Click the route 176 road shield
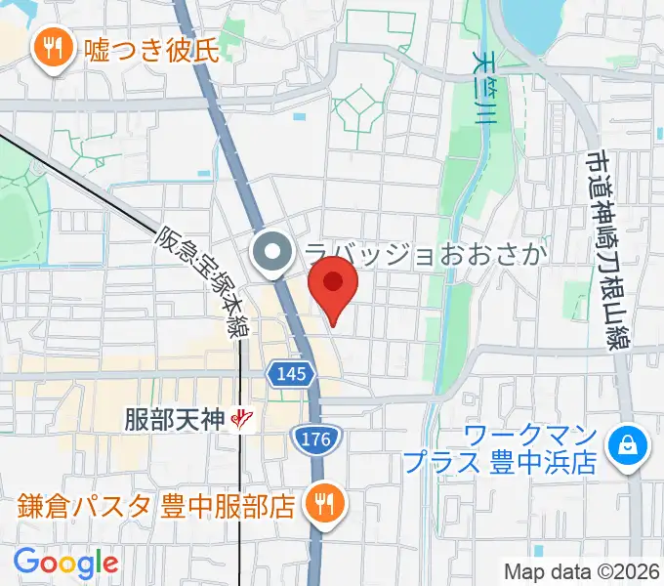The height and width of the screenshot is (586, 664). [x=316, y=440]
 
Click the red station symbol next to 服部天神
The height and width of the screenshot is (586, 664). [x=242, y=420]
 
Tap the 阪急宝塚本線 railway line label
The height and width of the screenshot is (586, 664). [x=201, y=278]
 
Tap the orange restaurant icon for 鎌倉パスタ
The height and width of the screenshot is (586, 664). [x=320, y=504]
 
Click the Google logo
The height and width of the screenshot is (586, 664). [x=66, y=562]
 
